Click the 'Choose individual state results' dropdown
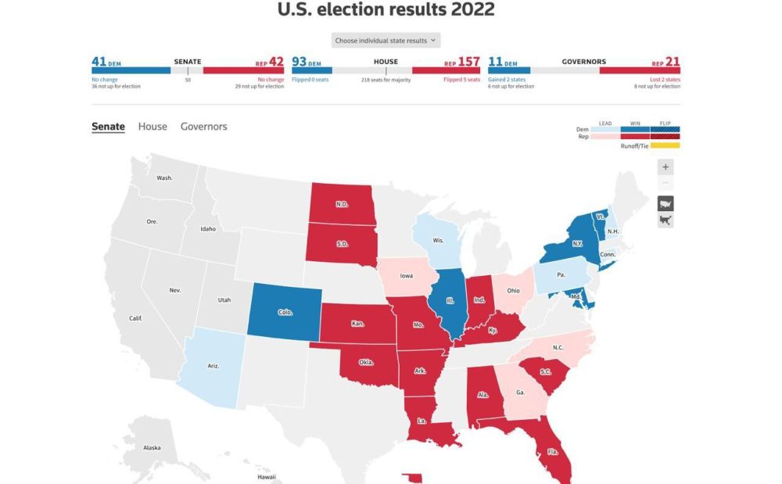point(386,41)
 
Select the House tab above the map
point(152,126)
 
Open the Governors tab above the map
point(203,126)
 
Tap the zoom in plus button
point(665,167)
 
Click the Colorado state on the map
point(285,312)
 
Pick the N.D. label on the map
point(342,205)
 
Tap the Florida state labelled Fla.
point(553,451)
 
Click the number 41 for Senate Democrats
point(99,62)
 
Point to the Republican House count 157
point(469,62)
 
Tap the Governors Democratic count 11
point(495,62)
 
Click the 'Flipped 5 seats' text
point(461,80)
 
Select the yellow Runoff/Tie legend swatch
point(660,145)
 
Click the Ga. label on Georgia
point(520,393)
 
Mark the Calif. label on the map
point(136,318)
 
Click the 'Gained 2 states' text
point(507,80)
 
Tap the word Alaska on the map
point(152,447)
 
